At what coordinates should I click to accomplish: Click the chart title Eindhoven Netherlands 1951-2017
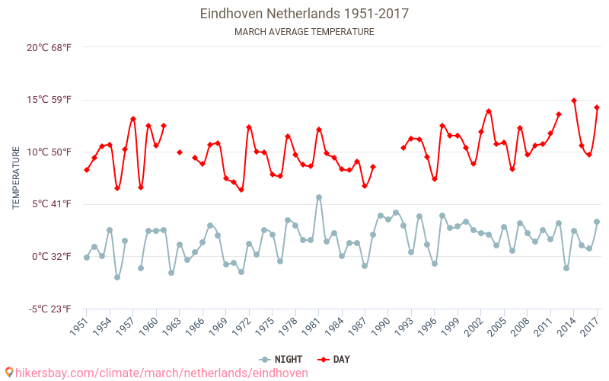(304, 14)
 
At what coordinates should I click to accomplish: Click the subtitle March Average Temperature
(304, 32)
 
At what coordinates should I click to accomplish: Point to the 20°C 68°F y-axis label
(49, 47)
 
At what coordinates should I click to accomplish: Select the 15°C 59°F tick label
(49, 100)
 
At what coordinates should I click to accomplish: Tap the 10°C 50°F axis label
(49, 152)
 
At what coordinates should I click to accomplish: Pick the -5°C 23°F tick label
(50, 309)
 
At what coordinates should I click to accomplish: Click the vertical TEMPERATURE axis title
(16, 178)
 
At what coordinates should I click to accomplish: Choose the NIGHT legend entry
(282, 360)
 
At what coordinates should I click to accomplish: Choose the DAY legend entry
(334, 360)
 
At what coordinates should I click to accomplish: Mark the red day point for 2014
(574, 101)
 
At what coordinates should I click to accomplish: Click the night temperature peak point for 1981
(319, 197)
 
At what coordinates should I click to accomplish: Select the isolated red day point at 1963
(180, 152)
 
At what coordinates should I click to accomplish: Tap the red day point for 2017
(597, 107)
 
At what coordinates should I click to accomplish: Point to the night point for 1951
(87, 258)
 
